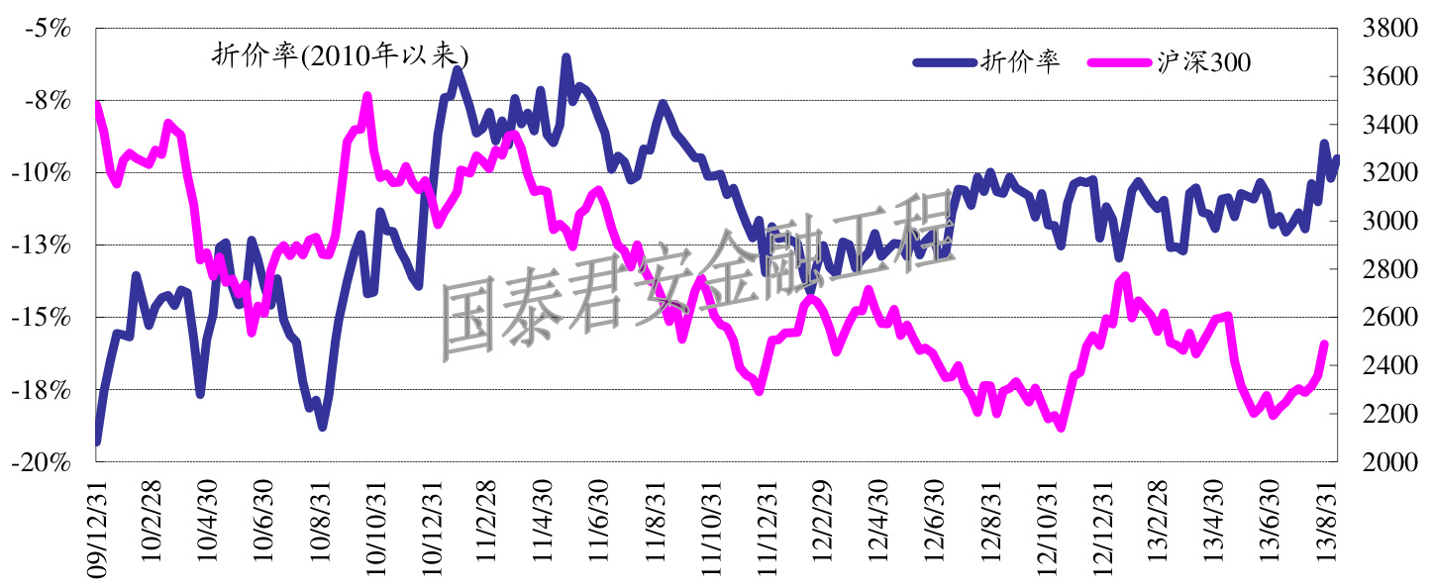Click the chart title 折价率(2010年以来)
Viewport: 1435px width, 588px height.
tap(341, 55)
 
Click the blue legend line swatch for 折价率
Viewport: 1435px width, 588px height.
tap(943, 62)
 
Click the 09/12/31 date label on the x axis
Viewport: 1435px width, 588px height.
tap(97, 525)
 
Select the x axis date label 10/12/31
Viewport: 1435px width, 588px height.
tap(431, 525)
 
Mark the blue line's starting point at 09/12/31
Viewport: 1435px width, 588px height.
tap(97, 441)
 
